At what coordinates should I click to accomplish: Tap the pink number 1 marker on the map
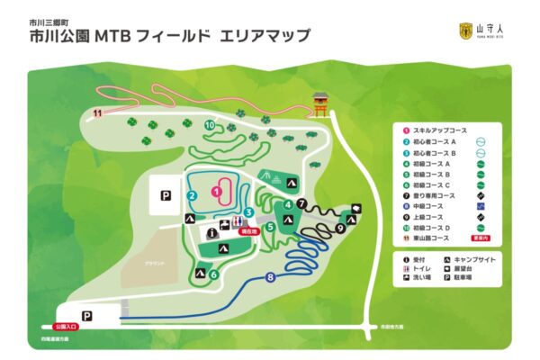[x=216, y=191]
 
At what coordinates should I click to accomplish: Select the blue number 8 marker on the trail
[x=271, y=278]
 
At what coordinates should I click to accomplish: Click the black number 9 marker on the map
[x=340, y=229]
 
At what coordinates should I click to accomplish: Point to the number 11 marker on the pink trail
[x=96, y=112]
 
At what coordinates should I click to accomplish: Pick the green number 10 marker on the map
[x=210, y=125]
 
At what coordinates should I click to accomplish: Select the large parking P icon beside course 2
[x=166, y=194]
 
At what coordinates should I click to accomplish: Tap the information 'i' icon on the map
[x=211, y=232]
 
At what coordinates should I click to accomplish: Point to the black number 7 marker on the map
[x=302, y=202]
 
